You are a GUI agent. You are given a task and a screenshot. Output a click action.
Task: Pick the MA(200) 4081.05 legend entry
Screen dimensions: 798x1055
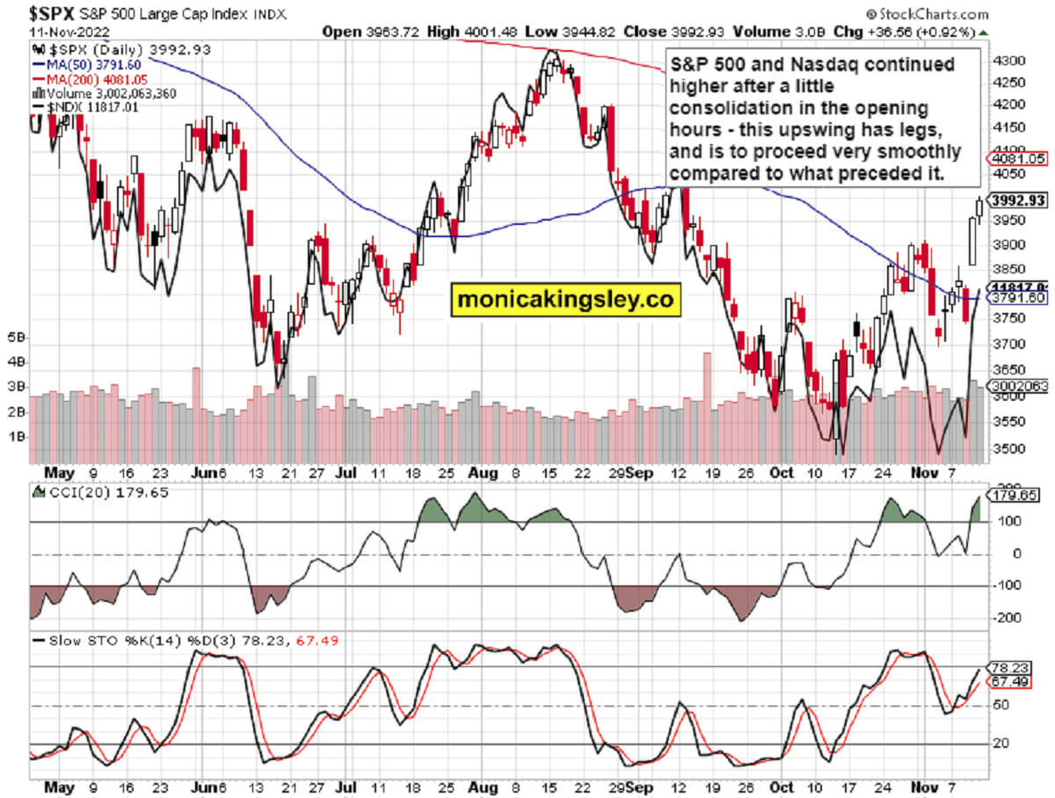pos(81,77)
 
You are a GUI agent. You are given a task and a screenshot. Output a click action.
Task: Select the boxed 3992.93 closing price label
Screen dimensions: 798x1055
pos(1016,200)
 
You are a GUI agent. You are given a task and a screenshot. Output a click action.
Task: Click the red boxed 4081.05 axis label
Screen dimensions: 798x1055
pos(1016,159)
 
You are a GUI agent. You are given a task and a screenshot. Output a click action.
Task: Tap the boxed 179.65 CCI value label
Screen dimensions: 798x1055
pos(1016,497)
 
